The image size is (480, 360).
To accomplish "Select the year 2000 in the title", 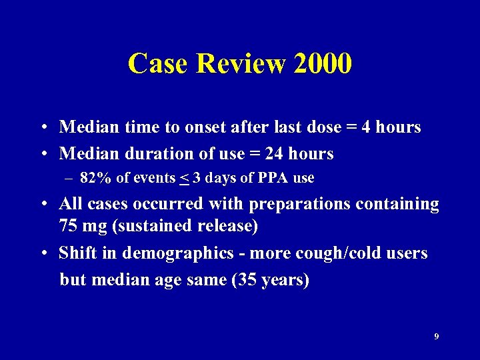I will coord(322,64).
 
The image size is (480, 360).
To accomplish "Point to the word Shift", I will coord(77,253).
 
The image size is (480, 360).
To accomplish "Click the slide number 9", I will coord(436,337).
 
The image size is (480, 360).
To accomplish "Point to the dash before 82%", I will coord(69,178).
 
